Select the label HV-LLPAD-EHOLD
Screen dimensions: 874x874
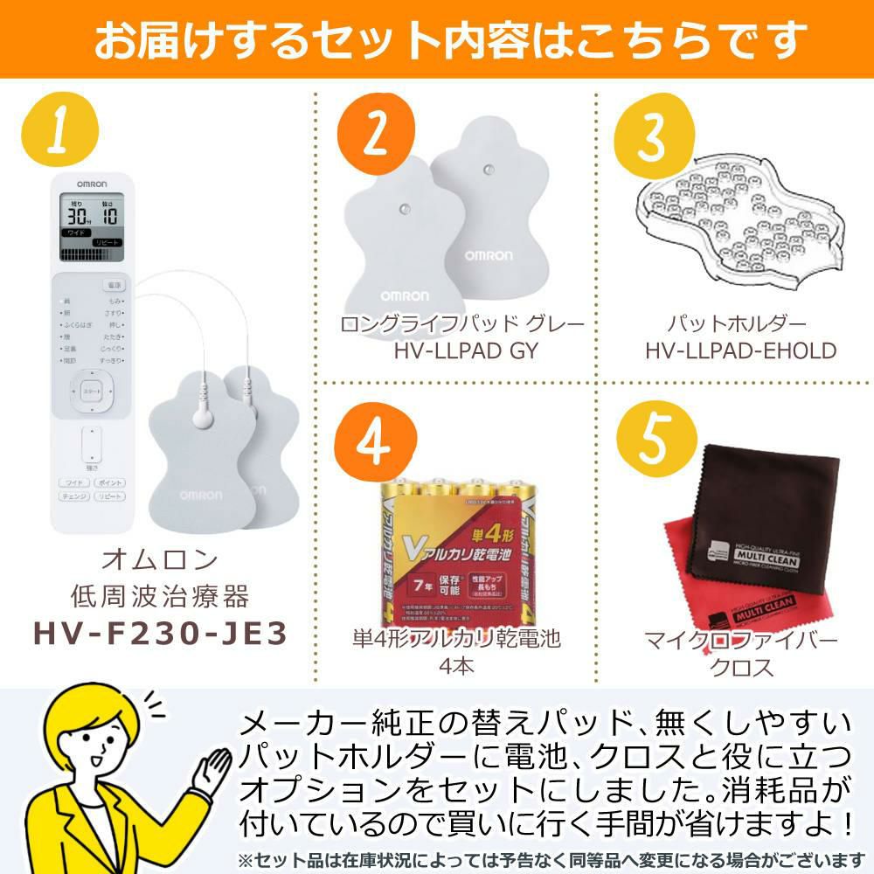(741, 351)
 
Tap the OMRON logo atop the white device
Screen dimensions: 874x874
(92, 184)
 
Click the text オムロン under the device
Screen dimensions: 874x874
(159, 559)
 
